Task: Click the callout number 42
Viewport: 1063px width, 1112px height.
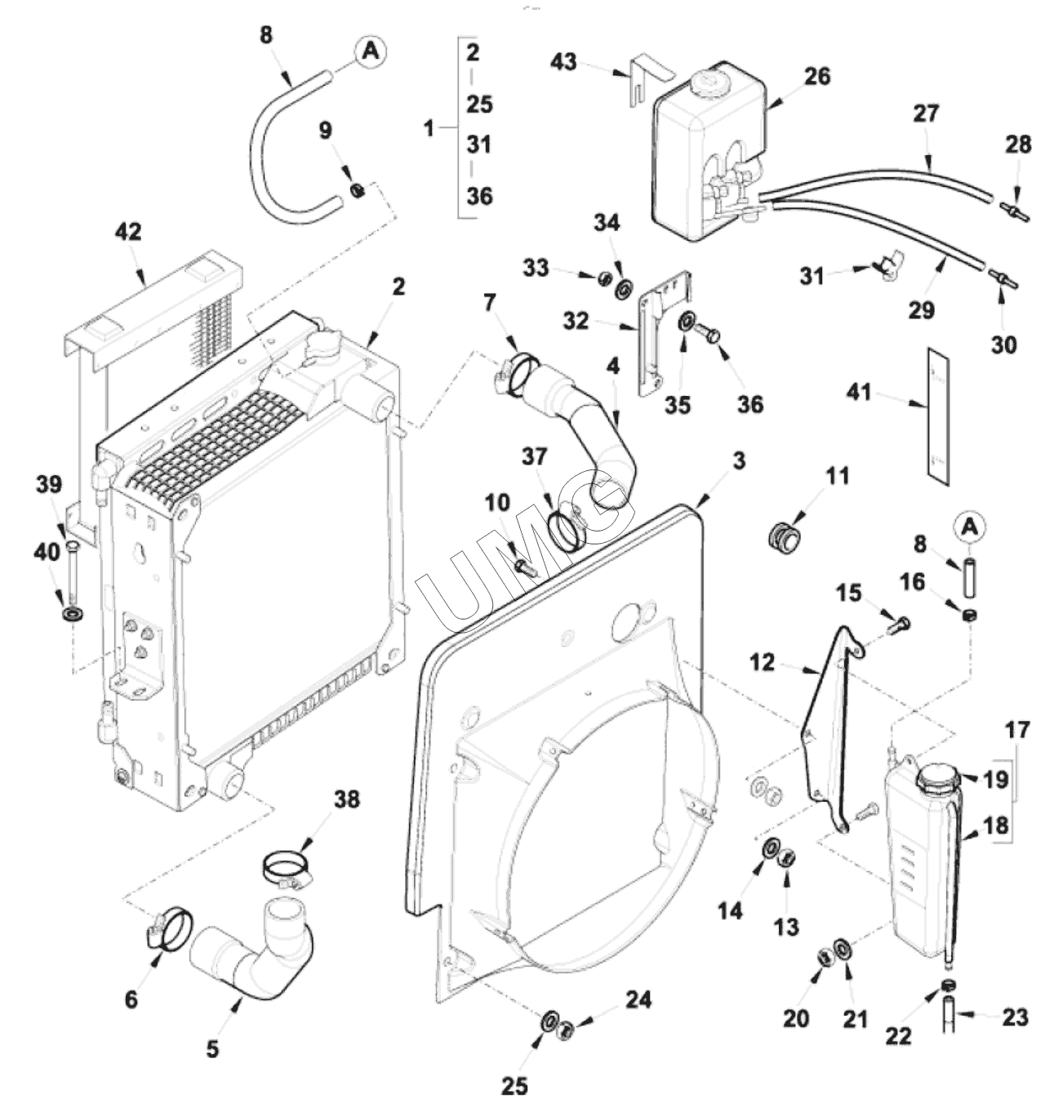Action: (128, 232)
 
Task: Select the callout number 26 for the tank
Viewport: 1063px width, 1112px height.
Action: (816, 76)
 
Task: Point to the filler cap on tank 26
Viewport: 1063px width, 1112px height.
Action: (706, 82)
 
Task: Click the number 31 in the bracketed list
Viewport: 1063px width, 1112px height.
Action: (479, 145)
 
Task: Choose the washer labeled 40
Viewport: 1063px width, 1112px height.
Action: (72, 613)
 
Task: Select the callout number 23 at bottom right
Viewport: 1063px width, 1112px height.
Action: (1015, 1017)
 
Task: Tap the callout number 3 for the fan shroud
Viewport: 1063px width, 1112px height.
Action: (739, 460)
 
